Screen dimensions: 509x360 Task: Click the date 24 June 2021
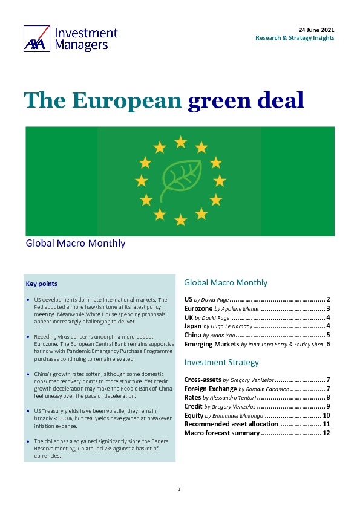tap(316, 30)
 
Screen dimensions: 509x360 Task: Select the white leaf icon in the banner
tap(180, 180)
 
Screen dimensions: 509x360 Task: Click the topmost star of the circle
tap(180, 142)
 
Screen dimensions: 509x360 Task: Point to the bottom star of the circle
tap(180, 219)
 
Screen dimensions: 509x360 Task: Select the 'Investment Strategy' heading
tap(221, 362)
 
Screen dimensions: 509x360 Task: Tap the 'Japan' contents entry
tap(194, 326)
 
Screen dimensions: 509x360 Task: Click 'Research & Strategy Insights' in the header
tap(295, 38)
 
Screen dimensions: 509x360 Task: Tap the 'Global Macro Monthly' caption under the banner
tap(76, 244)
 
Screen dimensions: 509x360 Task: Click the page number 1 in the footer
tap(180, 488)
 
